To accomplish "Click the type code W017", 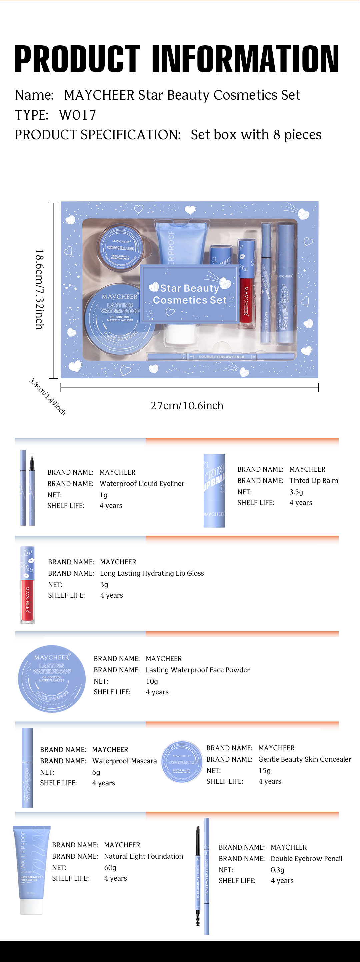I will (x=78, y=115).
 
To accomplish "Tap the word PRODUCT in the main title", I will (x=77, y=59).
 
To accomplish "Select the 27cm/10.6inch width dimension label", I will (x=187, y=406).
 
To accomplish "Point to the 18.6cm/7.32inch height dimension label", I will (x=39, y=289).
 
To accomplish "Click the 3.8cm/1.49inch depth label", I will (x=47, y=397).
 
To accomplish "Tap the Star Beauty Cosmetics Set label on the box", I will (x=190, y=294).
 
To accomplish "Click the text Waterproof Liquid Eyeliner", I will (x=142, y=484).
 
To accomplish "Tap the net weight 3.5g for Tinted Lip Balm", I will (x=296, y=492).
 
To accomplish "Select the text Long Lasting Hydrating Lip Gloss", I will (x=152, y=573).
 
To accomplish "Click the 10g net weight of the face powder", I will (x=152, y=681).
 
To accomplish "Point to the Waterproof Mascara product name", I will (x=124, y=761).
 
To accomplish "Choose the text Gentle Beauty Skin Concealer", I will (x=305, y=759).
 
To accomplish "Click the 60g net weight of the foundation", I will (x=110, y=868).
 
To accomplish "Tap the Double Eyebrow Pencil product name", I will (x=306, y=859).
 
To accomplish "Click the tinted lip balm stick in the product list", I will (x=214, y=490).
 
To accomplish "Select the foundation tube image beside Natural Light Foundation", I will (x=32, y=869).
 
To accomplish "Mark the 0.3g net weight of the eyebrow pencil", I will (x=277, y=870).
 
